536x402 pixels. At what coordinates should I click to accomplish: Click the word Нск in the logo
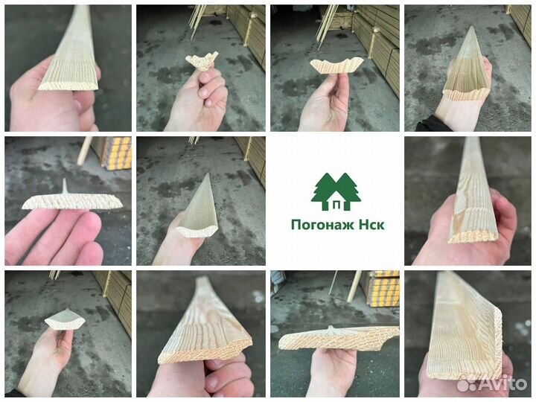pyautogui.click(x=372, y=225)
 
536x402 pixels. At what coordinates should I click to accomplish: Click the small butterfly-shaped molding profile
pyautogui.click(x=202, y=61)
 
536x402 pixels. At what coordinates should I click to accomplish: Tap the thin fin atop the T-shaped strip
pyautogui.click(x=64, y=186)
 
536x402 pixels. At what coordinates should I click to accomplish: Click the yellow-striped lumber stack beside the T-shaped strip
pyautogui.click(x=118, y=153)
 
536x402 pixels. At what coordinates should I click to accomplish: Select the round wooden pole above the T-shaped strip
pyautogui.click(x=84, y=150)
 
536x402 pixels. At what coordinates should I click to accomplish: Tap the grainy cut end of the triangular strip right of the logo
pyautogui.click(x=472, y=236)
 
